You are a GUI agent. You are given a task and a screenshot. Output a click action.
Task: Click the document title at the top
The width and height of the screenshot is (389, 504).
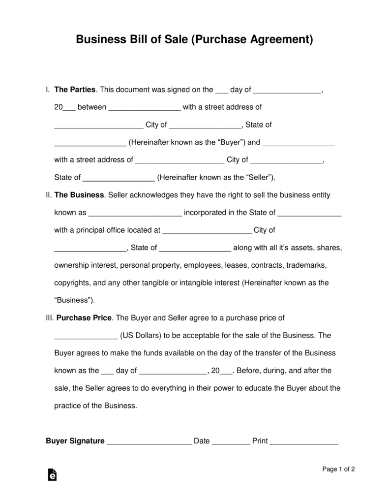(x=194, y=39)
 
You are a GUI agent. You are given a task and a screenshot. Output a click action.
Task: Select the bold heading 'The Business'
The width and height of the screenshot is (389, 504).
(x=79, y=195)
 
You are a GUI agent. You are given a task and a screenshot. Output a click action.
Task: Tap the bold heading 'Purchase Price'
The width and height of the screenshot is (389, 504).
(x=85, y=318)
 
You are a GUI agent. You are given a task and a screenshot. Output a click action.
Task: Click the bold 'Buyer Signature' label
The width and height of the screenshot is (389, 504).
(x=75, y=441)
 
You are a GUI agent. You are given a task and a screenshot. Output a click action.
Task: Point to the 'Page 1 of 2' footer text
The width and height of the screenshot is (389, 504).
(x=338, y=470)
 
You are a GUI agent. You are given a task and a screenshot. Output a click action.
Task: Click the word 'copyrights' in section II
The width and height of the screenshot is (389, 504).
(x=72, y=283)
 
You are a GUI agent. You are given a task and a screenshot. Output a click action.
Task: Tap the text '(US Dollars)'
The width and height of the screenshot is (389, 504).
(x=141, y=336)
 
